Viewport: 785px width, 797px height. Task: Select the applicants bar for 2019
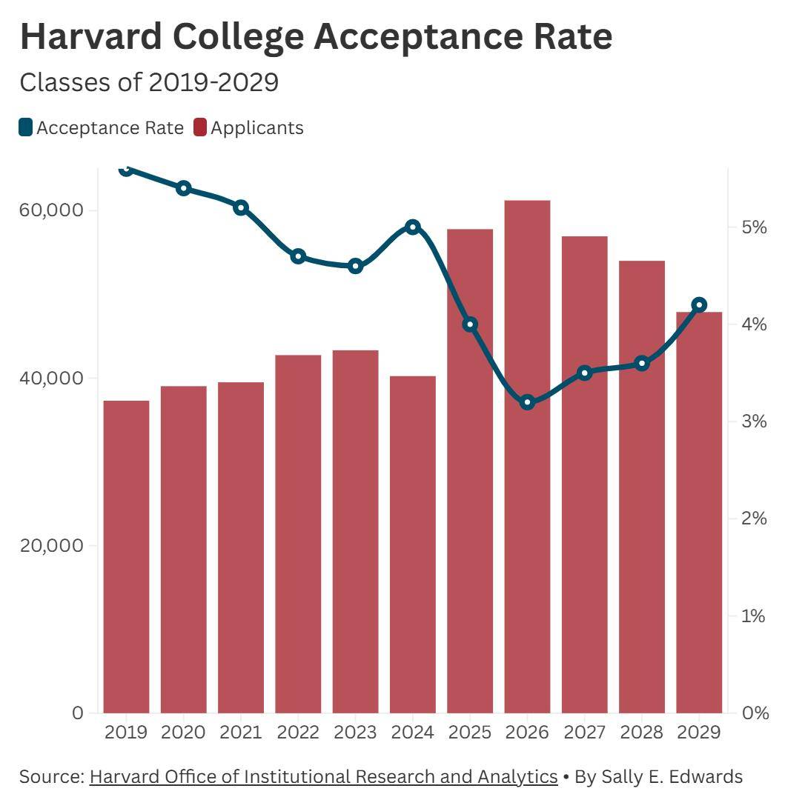126,556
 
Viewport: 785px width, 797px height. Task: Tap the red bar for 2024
413,544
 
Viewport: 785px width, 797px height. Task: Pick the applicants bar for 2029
699,512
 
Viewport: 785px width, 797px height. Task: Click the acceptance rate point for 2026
527,402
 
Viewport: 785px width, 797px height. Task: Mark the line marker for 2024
413,227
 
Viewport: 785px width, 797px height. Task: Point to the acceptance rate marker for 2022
298,256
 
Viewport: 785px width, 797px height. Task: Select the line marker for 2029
699,304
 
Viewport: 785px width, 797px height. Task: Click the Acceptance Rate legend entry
102,127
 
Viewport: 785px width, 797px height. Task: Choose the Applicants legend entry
248,127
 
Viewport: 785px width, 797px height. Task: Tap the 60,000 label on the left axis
51,210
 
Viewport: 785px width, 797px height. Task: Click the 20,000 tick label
51,546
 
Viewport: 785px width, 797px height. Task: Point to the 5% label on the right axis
755,227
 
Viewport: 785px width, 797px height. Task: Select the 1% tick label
755,616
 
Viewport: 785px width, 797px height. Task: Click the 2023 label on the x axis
355,732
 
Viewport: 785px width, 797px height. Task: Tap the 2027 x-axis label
584,732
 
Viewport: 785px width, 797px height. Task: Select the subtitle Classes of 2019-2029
149,82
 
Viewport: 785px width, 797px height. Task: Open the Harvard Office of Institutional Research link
323,776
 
